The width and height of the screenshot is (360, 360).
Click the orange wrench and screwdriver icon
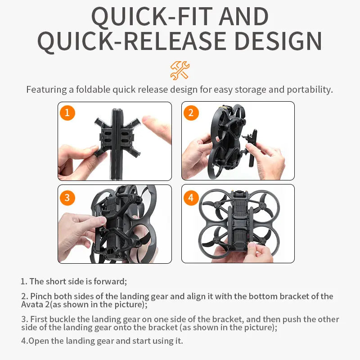pyautogui.click(x=180, y=70)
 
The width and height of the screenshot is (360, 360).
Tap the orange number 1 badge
pyautogui.click(x=67, y=112)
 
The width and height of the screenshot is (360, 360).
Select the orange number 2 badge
pyautogui.click(x=191, y=112)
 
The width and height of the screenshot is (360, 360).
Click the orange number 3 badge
pyautogui.click(x=67, y=198)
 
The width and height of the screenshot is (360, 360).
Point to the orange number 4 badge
pyautogui.click(x=191, y=198)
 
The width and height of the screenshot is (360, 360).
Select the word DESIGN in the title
pyautogui.click(x=278, y=41)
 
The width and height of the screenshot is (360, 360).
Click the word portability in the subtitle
pyautogui.click(x=307, y=89)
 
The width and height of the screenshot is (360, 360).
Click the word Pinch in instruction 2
pyautogui.click(x=40, y=296)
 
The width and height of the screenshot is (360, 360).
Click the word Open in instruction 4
pyautogui.click(x=38, y=340)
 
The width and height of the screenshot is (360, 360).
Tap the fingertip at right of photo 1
pyautogui.click(x=155, y=126)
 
